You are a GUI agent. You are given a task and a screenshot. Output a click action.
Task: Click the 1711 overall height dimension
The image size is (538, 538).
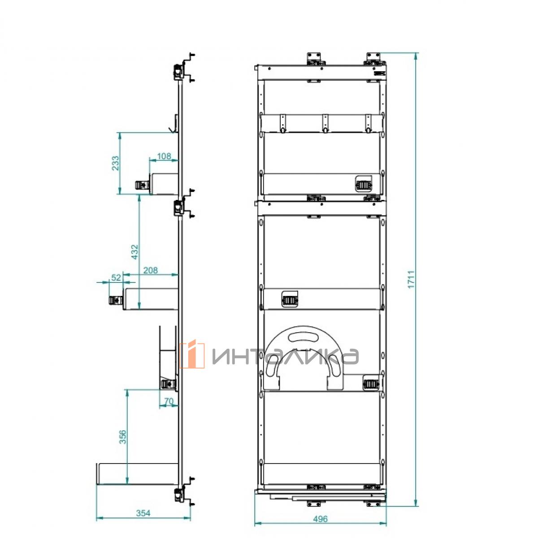pyautogui.click(x=411, y=279)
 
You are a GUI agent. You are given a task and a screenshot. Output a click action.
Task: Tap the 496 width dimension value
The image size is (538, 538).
pyautogui.click(x=320, y=519)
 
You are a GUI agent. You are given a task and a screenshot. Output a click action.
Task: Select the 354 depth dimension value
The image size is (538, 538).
pyautogui.click(x=143, y=513)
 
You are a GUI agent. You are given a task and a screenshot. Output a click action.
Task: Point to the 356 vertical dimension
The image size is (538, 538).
pyautogui.click(x=122, y=437)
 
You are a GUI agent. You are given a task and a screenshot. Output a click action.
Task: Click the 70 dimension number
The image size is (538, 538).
pyautogui.click(x=169, y=401)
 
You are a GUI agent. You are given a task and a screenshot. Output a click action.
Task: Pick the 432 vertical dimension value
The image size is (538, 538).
pyautogui.click(x=134, y=252)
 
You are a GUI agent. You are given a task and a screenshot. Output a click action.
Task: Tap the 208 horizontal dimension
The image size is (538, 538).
pyautogui.click(x=151, y=270)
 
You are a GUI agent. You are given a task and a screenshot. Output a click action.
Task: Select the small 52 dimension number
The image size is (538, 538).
pyautogui.click(x=116, y=278)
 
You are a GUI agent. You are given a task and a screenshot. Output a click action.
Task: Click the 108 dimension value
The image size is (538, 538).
pyautogui.click(x=164, y=156)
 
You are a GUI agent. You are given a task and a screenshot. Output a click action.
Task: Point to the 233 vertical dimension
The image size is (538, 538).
pyautogui.click(x=115, y=163)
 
